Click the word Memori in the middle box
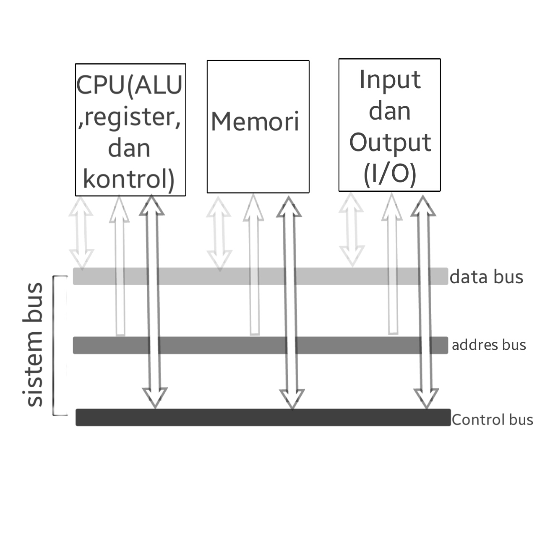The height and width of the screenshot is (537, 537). tap(255, 122)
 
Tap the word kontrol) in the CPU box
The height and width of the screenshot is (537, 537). tap(128, 179)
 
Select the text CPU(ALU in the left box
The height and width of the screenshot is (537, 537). tap(130, 86)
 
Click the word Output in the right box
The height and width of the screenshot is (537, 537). tap(390, 143)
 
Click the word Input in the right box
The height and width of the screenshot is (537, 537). tap(390, 80)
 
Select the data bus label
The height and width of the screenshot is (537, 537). tap(486, 277)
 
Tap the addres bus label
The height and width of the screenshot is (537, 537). tap(489, 345)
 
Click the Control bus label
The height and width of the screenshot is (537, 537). tap(492, 420)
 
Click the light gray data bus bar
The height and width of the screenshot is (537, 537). tap(260, 276)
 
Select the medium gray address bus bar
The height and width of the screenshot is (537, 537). tap(260, 345)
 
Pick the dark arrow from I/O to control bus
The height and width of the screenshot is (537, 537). tap(425, 302)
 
